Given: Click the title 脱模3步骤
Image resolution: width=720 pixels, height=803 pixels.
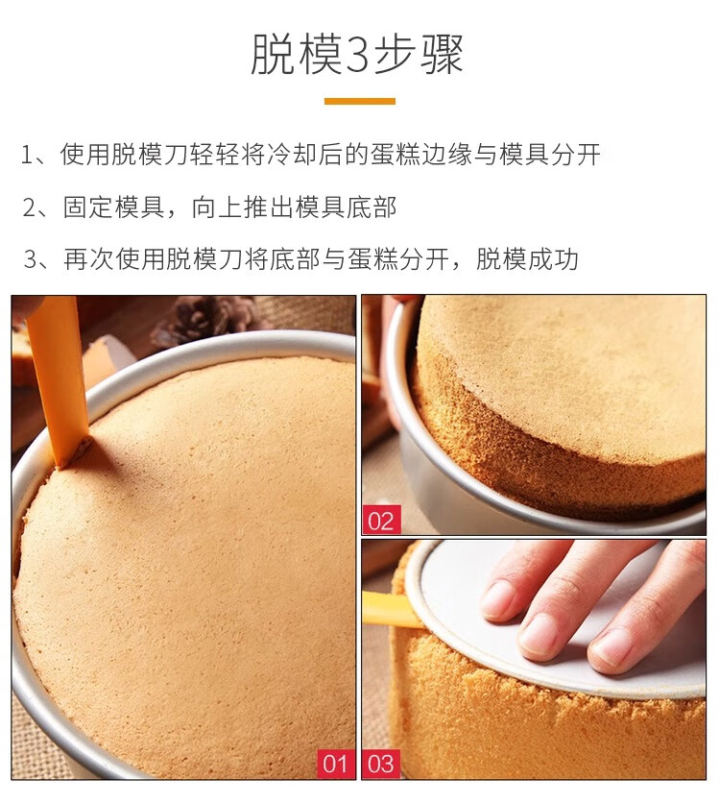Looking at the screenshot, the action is coord(357,53).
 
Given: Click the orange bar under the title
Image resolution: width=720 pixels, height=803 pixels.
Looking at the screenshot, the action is coord(360,101).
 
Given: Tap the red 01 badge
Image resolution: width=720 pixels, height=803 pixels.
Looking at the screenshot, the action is coord(336,764).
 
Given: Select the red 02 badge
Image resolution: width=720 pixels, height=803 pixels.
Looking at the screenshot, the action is coord(381,521).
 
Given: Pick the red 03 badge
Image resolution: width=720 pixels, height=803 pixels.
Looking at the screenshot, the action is coord(381,764).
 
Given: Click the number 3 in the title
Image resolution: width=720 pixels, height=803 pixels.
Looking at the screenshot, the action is coord(357,55).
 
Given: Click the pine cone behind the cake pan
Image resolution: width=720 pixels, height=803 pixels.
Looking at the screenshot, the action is coord(204,320).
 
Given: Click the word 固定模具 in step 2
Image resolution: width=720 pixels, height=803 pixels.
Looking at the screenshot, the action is coord(113,207).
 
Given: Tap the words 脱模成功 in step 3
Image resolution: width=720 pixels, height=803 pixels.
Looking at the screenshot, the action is coord(527,258).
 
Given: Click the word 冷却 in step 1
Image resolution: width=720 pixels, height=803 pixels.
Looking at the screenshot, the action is coord(292,154).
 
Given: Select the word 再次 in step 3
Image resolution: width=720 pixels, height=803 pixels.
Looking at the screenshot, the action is coord(89,258).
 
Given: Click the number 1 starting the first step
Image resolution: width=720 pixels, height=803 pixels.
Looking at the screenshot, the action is coord(27,156).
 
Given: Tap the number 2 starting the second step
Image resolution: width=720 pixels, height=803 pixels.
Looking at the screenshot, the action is coord(29,207).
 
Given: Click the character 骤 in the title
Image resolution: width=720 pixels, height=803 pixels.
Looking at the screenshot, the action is coord(443,54).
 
